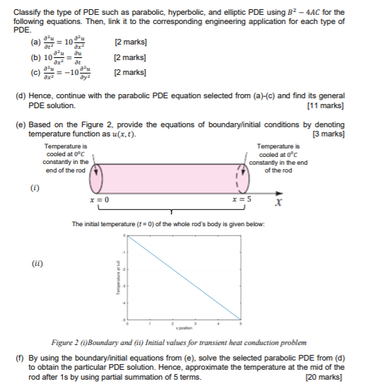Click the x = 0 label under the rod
(x=99, y=200)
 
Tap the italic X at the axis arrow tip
(x=279, y=204)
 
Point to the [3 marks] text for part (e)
(x=328, y=134)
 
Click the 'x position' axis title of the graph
(x=181, y=329)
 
